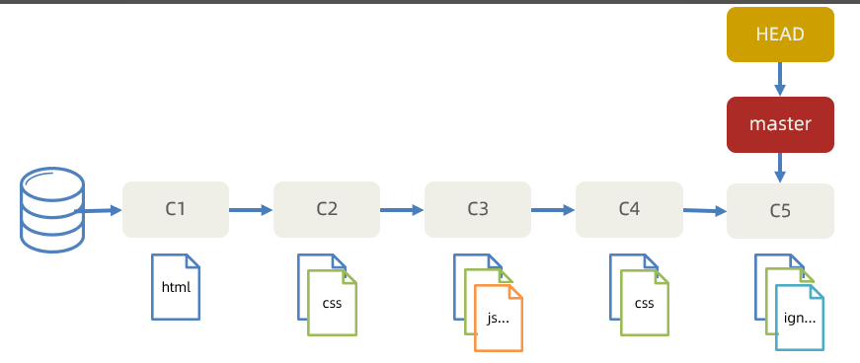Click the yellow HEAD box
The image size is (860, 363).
point(780,34)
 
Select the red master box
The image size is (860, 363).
point(780,124)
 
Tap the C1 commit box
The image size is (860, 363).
point(176,209)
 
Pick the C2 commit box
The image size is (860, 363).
point(327,209)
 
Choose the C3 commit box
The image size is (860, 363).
point(478,209)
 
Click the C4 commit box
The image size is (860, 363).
point(629,209)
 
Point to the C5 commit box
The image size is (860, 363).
point(780,211)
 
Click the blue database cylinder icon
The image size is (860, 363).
point(52,210)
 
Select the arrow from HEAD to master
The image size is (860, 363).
point(780,80)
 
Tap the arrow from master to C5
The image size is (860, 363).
point(780,168)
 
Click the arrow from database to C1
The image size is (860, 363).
point(98,210)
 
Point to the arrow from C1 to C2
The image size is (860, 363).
point(251,209)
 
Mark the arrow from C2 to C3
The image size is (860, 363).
point(402,209)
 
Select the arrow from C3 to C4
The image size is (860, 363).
point(553,209)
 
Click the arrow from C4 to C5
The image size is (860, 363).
point(705,210)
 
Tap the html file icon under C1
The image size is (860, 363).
point(176,287)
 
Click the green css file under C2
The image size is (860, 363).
point(333,303)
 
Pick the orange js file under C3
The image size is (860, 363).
point(499,318)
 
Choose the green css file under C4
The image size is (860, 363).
point(645,303)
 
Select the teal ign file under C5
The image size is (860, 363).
point(800,318)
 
